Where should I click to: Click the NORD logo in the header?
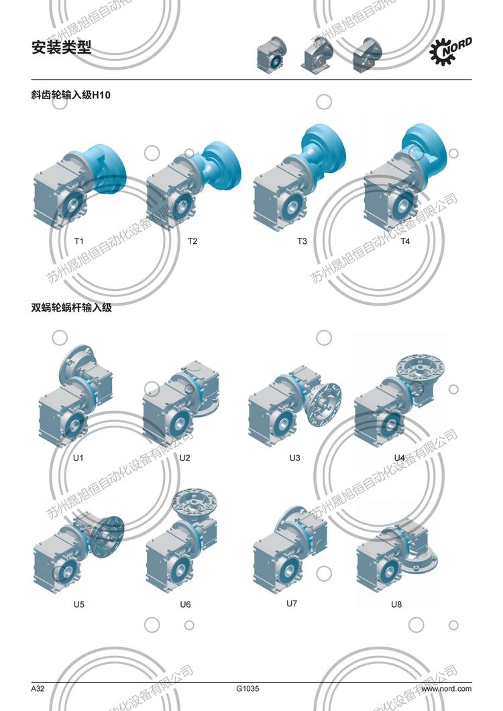click(451, 51)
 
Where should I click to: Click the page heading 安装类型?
click(61, 47)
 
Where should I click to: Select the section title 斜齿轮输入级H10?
click(71, 94)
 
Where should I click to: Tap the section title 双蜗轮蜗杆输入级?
click(71, 308)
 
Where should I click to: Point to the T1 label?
click(79, 241)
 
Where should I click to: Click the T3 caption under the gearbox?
click(302, 241)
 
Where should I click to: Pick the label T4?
click(405, 241)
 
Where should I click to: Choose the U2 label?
click(184, 458)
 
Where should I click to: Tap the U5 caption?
click(79, 604)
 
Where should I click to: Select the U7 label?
click(292, 604)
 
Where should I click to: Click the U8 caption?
click(396, 604)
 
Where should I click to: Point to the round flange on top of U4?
click(420, 367)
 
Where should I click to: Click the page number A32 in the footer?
click(38, 689)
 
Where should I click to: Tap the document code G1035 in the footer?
click(247, 689)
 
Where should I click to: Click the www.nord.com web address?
click(446, 689)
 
